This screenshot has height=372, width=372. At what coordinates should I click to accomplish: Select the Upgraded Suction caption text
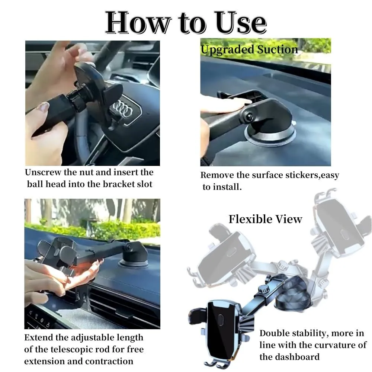[x=249, y=49]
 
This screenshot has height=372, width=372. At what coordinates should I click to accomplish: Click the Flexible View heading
[x=265, y=219]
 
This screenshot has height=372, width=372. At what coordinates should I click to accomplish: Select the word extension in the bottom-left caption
[x=45, y=361]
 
